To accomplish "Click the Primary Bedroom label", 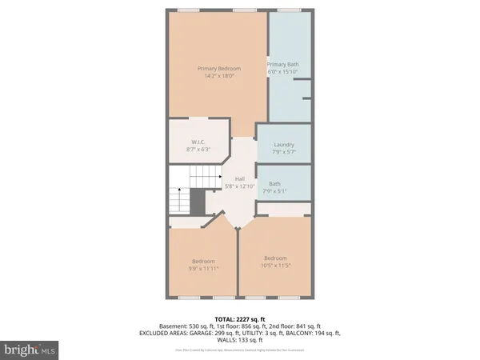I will pos(219,68).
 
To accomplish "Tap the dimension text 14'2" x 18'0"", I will pos(219,75).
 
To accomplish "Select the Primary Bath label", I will pos(288,64).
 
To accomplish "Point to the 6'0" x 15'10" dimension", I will pos(288,71).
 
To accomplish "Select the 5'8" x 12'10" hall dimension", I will pos(239,186).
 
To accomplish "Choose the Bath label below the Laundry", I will pos(274,183).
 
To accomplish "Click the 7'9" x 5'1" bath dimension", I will pos(274,190).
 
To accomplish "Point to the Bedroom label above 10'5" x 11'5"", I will pos(275,258).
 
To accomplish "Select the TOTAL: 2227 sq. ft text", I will pos(240,318).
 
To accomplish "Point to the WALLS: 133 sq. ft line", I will pos(240,341).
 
